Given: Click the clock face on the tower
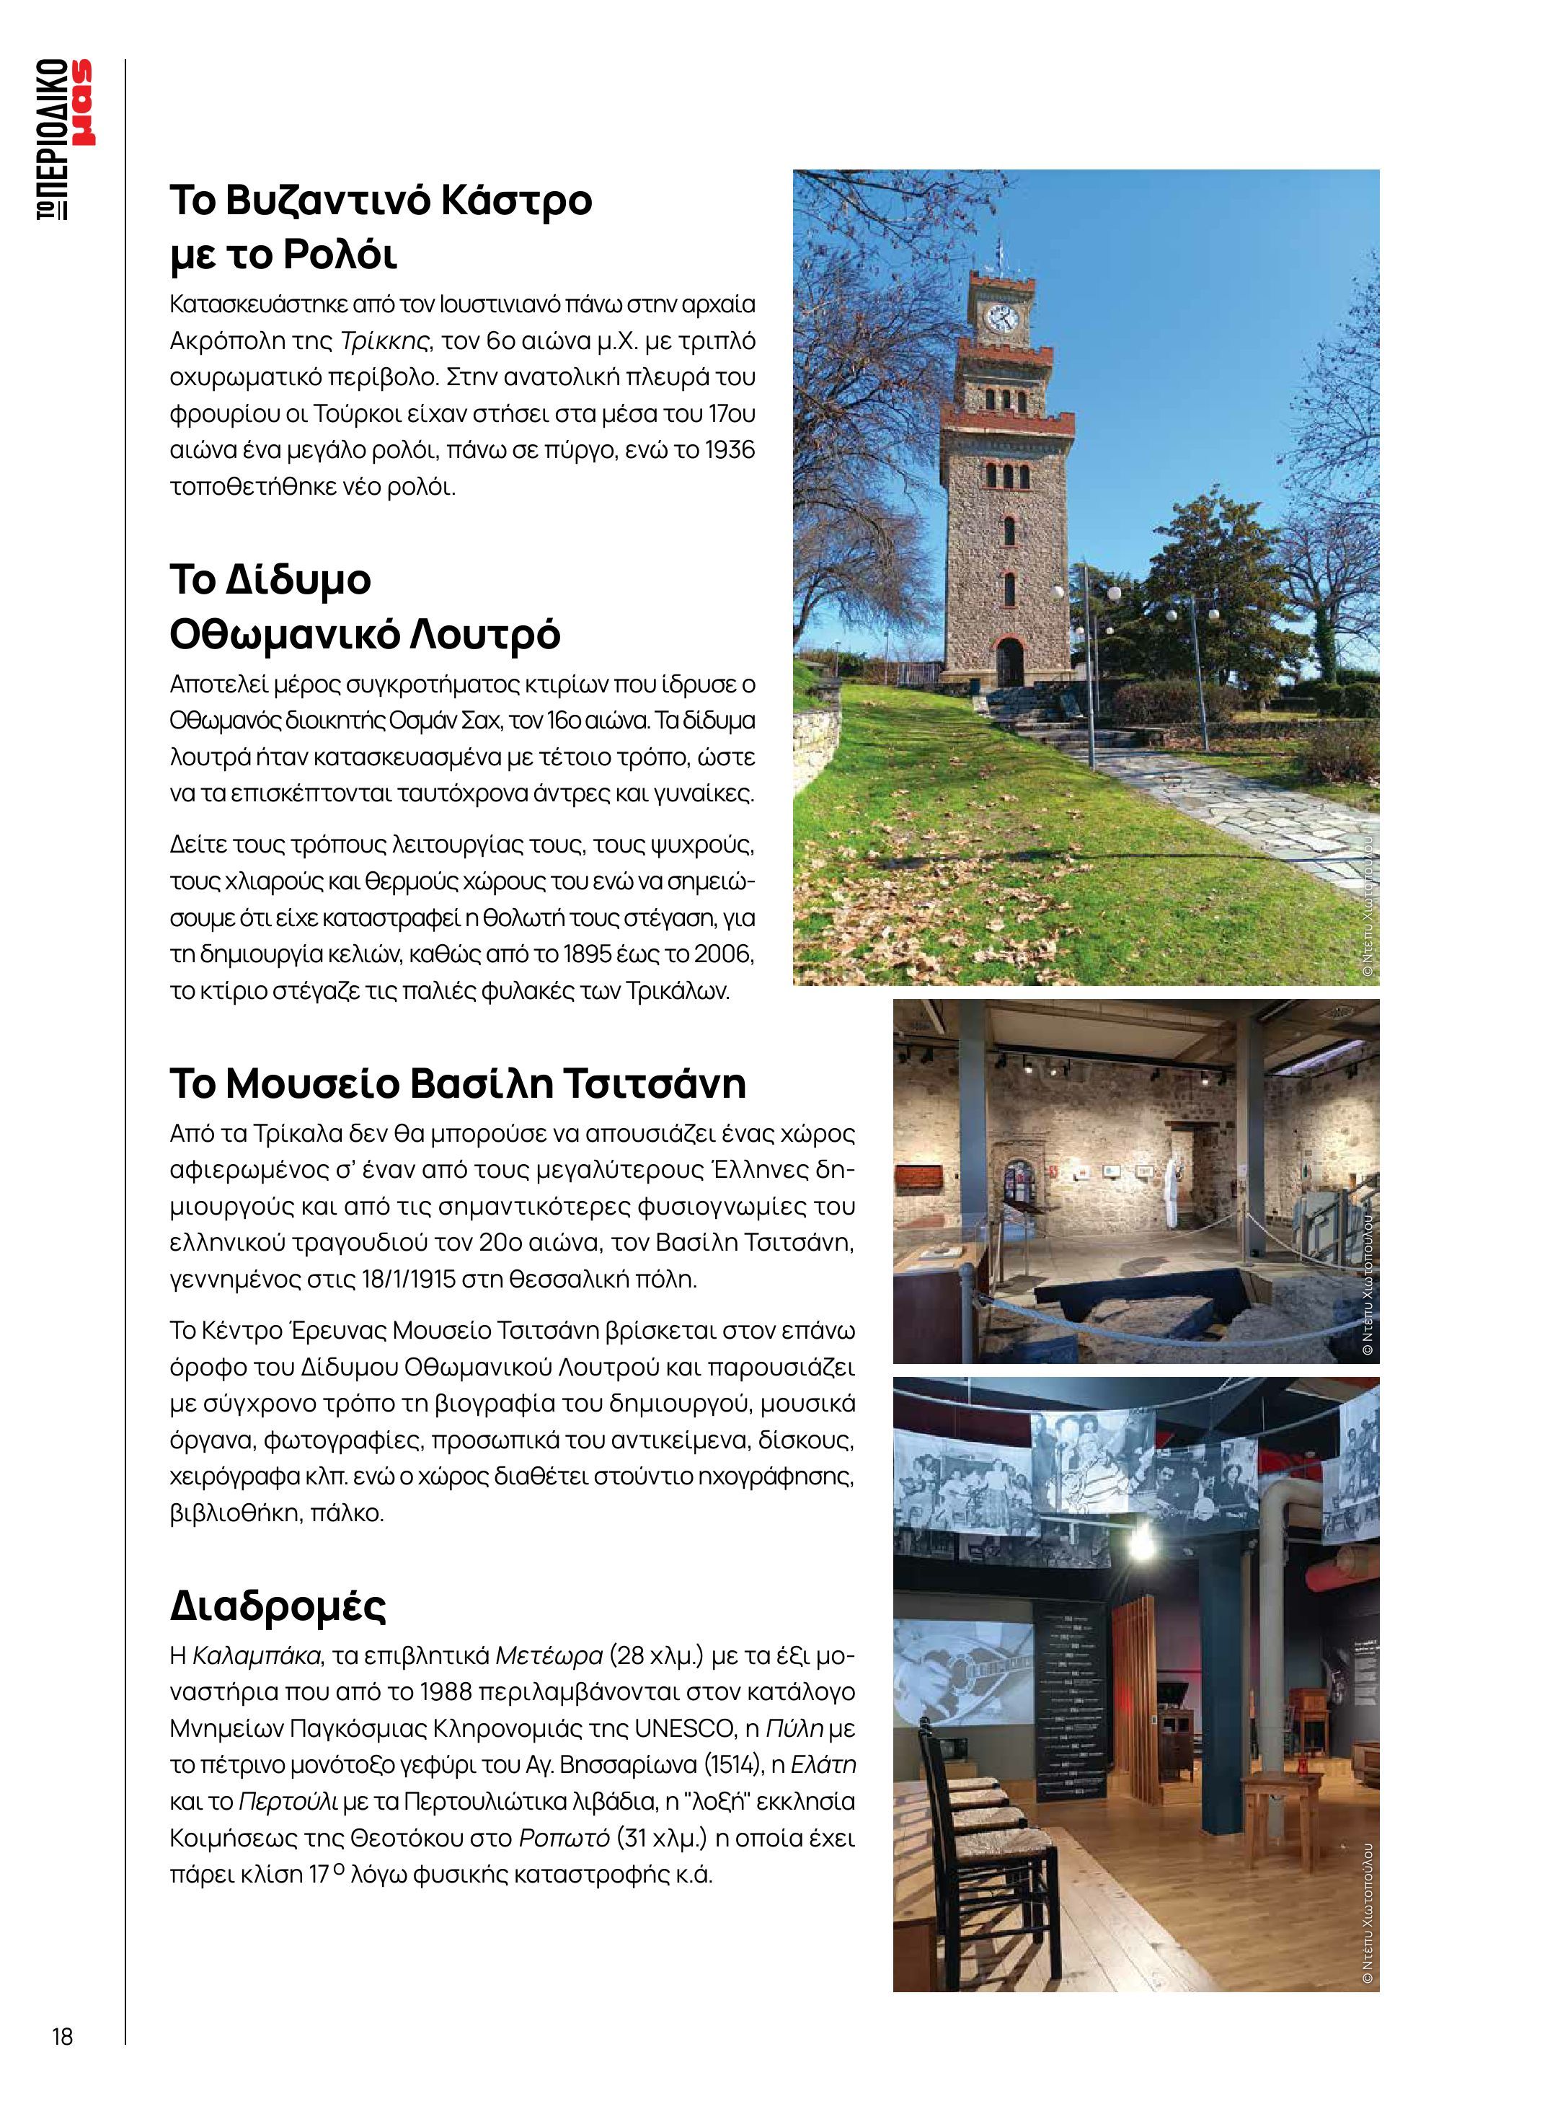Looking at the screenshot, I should pyautogui.click(x=1000, y=319).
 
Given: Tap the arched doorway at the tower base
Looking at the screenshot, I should pyautogui.click(x=1009, y=661).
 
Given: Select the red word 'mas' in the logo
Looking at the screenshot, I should pyautogui.click(x=84, y=103).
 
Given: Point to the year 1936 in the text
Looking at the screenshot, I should pyautogui.click(x=728, y=451).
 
